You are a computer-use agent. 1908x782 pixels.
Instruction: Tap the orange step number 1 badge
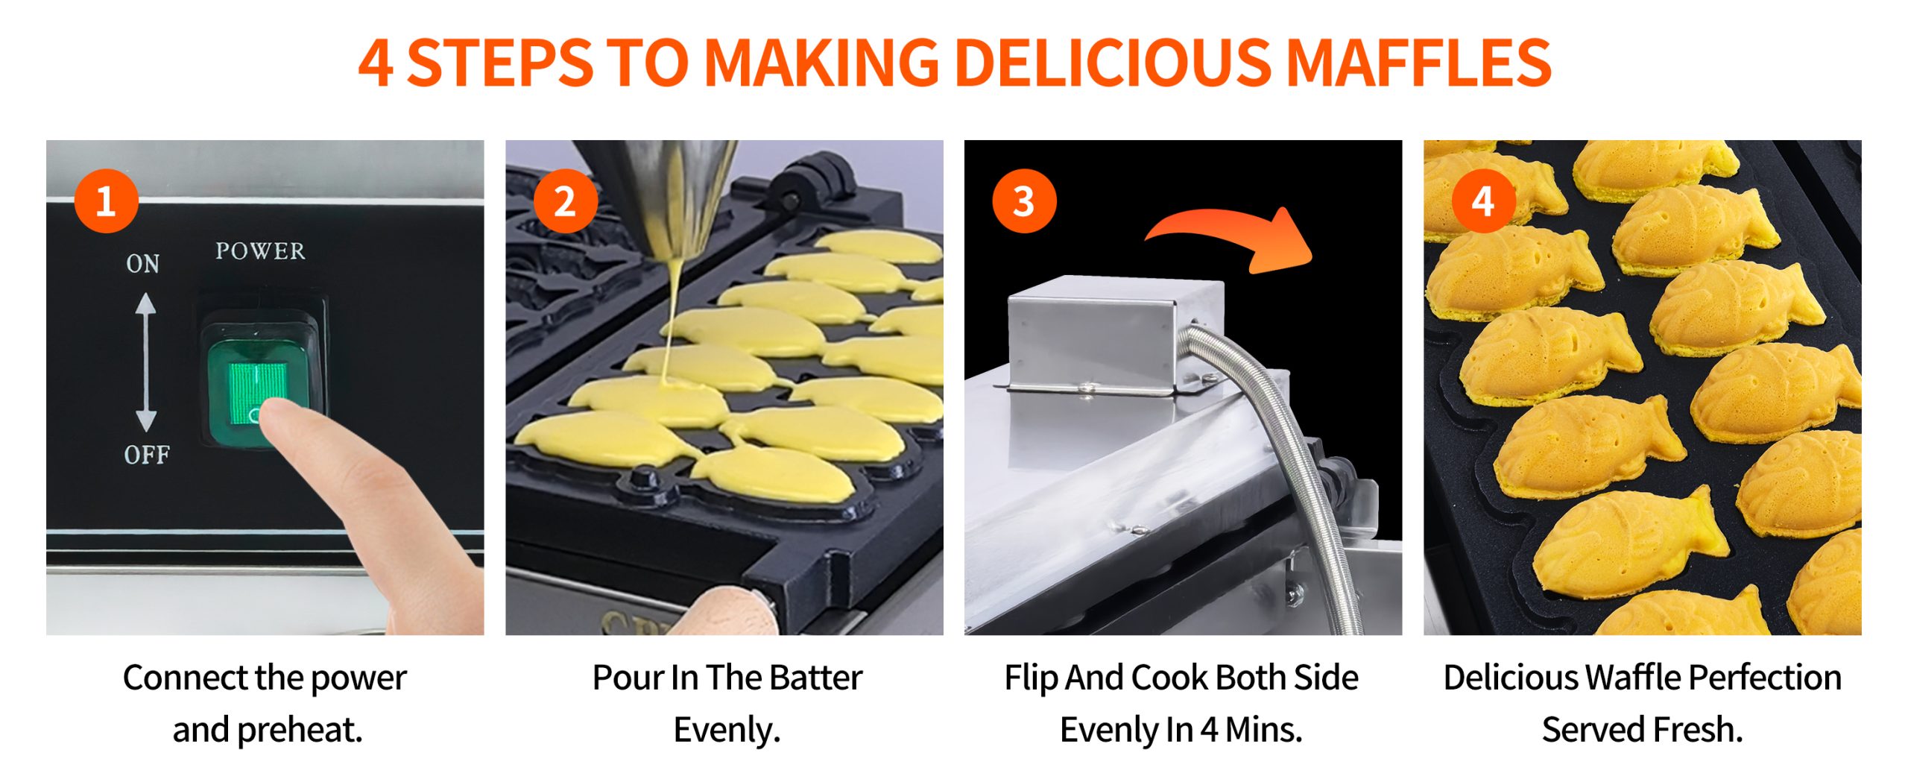tap(106, 201)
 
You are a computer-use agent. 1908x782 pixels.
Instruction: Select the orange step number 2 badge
tap(566, 201)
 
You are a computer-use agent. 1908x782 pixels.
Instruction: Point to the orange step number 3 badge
tap(1024, 201)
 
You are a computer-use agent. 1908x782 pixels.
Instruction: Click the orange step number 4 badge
tap(1483, 201)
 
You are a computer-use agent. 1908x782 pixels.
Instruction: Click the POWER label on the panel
tap(260, 251)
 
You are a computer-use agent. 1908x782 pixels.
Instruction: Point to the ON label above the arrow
tap(142, 264)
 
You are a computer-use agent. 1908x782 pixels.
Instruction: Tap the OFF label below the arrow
tap(147, 455)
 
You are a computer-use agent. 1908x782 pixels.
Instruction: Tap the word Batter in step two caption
tap(815, 678)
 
